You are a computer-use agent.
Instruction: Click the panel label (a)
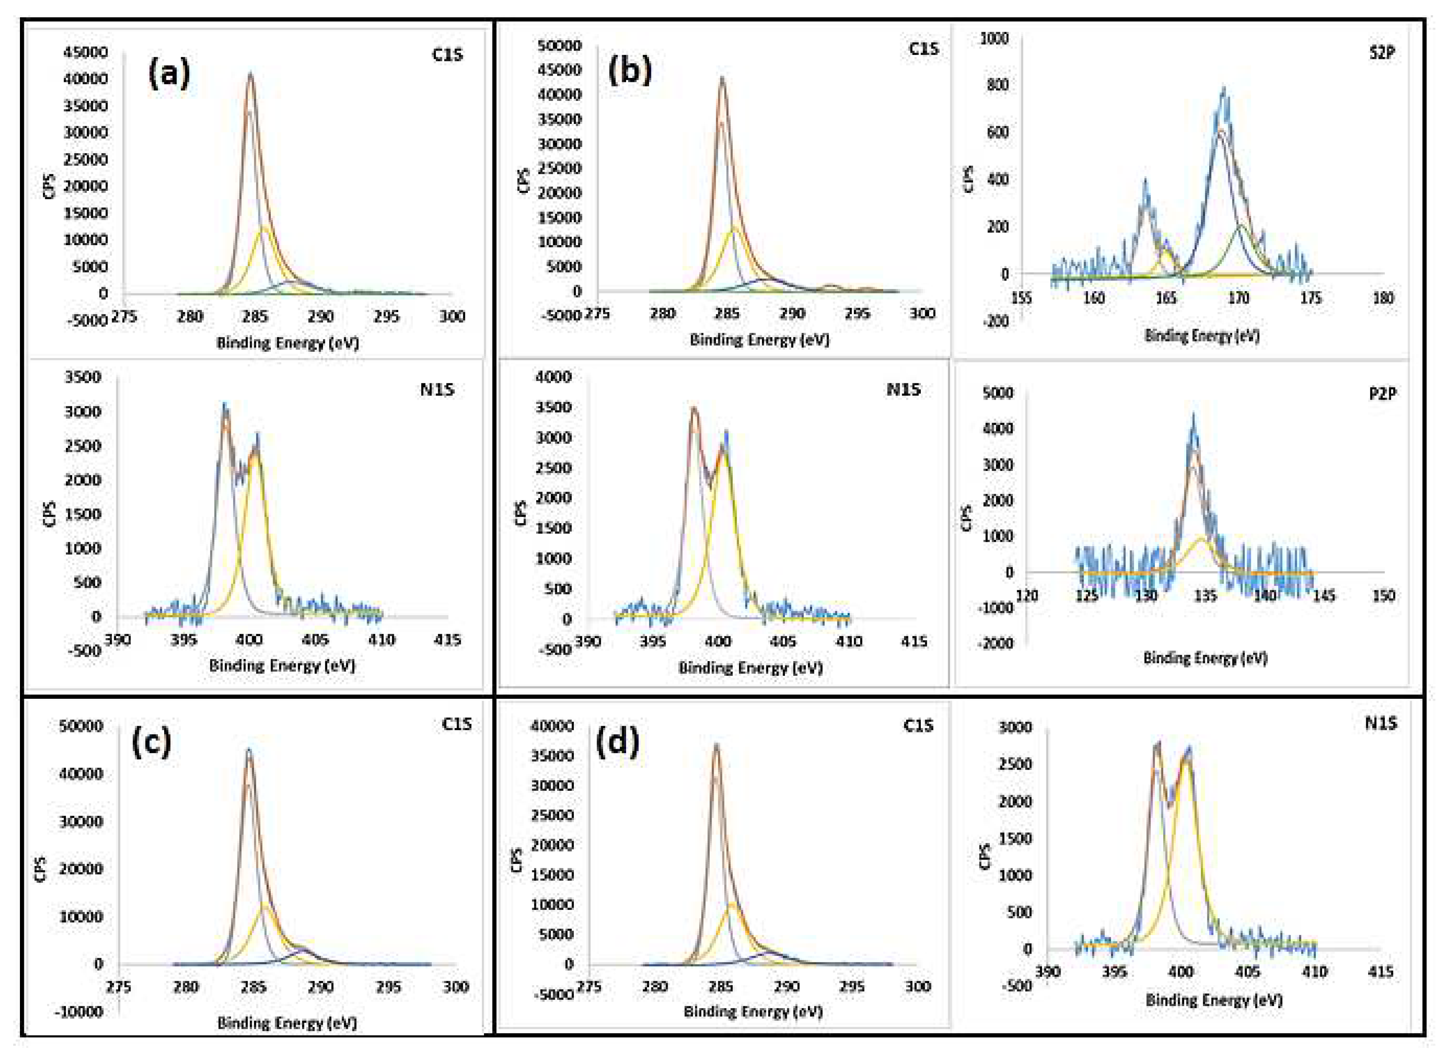tap(169, 73)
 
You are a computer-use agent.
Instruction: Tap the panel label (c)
tap(151, 742)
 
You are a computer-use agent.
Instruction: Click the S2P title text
tap(1382, 53)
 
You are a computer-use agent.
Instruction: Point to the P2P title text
tap(1382, 393)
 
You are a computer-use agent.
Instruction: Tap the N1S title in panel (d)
tap(1380, 723)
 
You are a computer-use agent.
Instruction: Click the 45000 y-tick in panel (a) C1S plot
tap(85, 52)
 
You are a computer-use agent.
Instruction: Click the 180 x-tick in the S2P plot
tap(1383, 298)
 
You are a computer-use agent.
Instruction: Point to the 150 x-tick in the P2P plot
tap(1383, 596)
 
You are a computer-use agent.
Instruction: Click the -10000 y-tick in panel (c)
tap(79, 1012)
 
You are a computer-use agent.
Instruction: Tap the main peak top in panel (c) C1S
tap(249, 749)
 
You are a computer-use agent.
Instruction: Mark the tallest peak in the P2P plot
tap(1193, 416)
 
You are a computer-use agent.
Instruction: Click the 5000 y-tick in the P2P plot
tap(997, 393)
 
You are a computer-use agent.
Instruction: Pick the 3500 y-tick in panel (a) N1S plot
tap(83, 377)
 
